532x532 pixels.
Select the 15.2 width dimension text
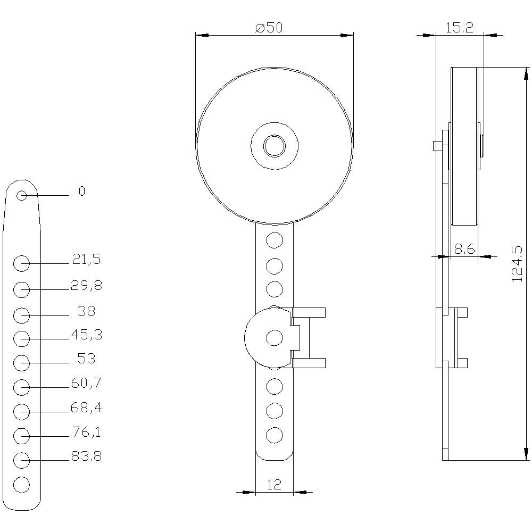pos(460,28)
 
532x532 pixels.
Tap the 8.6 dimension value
pos(464,248)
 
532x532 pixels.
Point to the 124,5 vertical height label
pos(517,263)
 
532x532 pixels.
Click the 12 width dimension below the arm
pos(274,484)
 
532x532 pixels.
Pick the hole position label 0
pos(82,192)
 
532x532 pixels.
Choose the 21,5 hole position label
pos(87,260)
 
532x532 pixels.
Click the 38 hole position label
pos(86,311)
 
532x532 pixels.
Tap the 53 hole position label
pos(86,359)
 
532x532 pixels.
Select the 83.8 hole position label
pos(87,456)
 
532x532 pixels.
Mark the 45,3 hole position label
pos(87,335)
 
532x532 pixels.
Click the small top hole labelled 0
pos(21,195)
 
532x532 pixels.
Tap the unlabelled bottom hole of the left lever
pos(21,485)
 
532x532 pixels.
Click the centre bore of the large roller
pos(275,146)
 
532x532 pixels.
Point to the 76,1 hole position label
pos(87,433)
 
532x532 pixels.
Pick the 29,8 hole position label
pos(87,286)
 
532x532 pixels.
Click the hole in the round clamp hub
pos(274,337)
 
